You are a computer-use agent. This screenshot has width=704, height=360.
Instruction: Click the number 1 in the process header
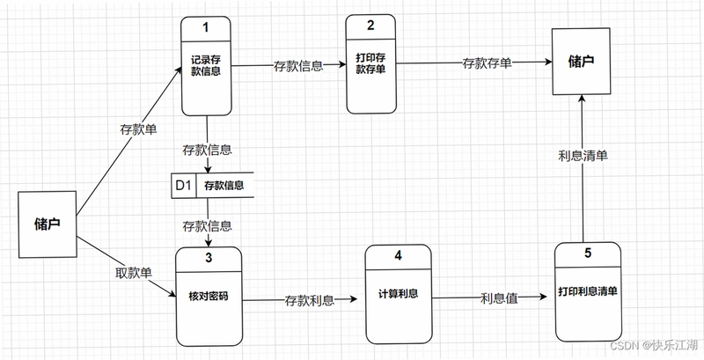pos(206,27)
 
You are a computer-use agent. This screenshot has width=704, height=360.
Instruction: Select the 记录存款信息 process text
pos(206,65)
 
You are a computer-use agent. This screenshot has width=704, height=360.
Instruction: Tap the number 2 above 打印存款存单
pos(370,26)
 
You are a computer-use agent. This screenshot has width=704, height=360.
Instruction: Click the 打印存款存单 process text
pos(370,63)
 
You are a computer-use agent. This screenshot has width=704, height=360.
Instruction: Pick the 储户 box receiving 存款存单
pos(581,61)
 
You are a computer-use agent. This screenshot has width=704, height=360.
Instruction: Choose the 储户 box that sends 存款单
pos(48,224)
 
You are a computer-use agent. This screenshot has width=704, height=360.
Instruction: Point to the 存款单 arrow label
pos(138,129)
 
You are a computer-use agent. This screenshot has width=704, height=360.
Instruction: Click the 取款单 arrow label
pos(134,272)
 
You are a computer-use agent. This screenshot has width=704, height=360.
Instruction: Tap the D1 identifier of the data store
pos(183,185)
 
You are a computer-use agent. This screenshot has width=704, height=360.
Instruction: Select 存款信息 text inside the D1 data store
pos(224,186)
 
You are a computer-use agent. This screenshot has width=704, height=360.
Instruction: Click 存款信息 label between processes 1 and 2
pos(298,66)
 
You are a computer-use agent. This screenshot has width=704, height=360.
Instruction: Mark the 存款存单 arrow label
pos(488,63)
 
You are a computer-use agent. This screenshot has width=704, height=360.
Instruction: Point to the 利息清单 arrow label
pos(583,155)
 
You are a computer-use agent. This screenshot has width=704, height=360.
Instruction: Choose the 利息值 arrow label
pos(499,298)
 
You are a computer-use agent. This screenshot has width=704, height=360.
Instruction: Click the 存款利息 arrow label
pos(310,300)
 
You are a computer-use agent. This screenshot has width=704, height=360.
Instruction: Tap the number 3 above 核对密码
pos(209,258)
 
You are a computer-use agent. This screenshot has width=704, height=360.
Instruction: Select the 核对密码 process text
pos(209,297)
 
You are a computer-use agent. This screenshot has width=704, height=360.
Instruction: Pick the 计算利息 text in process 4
pos(399,294)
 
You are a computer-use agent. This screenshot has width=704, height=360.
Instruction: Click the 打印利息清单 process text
pos(588,290)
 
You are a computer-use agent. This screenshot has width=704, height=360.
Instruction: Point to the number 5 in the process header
pos(588,253)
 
